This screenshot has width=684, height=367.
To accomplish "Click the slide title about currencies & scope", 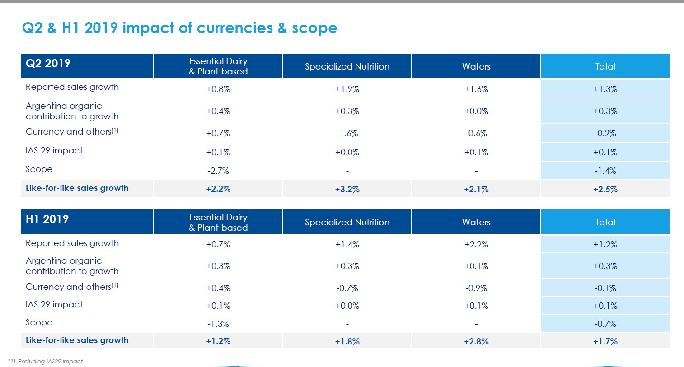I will (179, 28).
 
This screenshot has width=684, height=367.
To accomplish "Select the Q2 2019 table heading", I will (48, 63).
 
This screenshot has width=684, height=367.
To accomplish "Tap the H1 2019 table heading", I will (47, 219).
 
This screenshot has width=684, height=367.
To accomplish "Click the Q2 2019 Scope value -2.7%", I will (218, 171).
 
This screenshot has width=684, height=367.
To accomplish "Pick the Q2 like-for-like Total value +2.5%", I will (605, 190).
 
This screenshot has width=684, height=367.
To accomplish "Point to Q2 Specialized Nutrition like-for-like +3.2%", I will (347, 190).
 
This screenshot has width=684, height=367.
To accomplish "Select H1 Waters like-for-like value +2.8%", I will (476, 342).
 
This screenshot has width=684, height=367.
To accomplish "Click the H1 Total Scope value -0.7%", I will (605, 324).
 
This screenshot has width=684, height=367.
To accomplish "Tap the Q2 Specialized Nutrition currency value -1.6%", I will (347, 134).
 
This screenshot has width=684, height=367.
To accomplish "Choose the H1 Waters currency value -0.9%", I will (476, 288).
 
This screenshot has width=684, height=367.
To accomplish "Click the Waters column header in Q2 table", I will (476, 67).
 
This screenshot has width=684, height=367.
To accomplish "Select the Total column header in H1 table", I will (605, 223).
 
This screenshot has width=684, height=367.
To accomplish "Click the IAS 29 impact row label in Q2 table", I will (54, 151).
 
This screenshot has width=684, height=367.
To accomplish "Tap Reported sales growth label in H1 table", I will (72, 243).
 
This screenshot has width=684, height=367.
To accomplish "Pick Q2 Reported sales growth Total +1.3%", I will (605, 89).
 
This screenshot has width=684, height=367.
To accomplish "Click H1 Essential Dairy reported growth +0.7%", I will (218, 245).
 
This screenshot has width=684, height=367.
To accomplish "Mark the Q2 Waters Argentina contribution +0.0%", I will (476, 111).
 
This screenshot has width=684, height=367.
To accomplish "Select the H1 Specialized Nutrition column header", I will (347, 223).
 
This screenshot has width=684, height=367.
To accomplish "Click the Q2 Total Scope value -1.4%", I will (605, 171).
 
